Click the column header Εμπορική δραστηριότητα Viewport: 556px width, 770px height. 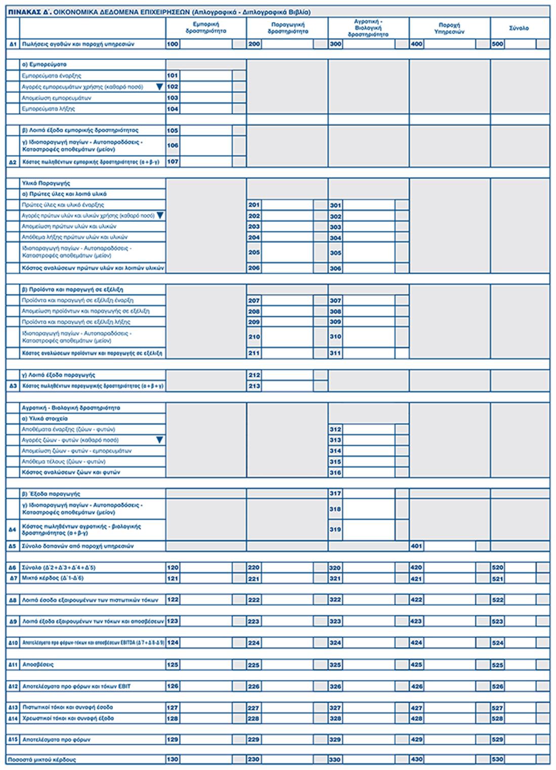pos(206,28)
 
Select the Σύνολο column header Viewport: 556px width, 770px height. pos(519,28)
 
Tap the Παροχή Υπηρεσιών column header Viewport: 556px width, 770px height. pos(449,28)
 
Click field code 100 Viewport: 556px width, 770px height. pos(173,44)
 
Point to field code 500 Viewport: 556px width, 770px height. pos(497,44)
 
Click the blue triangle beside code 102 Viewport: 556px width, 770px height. pos(159,87)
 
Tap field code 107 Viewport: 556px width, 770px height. pos(173,162)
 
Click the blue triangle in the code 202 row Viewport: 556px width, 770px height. pos(160,216)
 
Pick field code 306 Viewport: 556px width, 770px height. pos(335,268)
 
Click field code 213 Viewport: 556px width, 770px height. pos(254,386)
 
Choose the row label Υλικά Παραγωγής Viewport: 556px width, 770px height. pos(46,183)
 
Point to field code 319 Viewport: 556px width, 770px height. pos(335,530)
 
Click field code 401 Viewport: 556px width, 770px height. pos(416,546)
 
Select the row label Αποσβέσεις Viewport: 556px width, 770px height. pos(38,665)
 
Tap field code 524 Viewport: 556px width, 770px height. pos(497,643)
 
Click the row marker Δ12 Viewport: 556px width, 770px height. pos(13,687)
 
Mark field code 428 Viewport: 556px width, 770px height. pos(416,718)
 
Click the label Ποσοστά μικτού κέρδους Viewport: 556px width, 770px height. pos(42,760)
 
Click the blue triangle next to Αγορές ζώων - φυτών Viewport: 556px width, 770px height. pos(159,440)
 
